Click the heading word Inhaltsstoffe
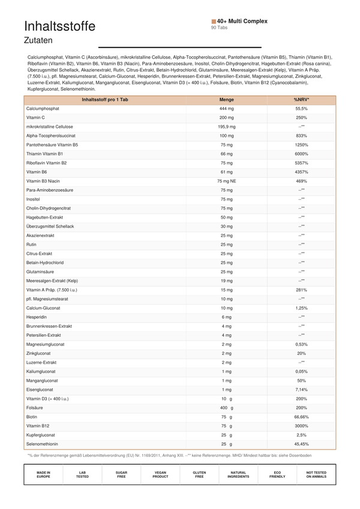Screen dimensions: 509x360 tap(59, 26)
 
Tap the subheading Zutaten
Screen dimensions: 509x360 tap(38, 41)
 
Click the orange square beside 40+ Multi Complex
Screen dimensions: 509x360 tap(214, 21)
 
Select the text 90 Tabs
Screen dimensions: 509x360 tap(219, 28)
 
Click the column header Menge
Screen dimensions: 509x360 tap(227, 100)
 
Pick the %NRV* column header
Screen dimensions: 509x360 tap(302, 100)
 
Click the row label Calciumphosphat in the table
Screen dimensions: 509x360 tap(42, 109)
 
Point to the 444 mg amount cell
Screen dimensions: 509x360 tap(227, 109)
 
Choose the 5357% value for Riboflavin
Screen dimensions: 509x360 tap(302, 163)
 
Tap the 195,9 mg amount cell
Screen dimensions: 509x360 tap(227, 127)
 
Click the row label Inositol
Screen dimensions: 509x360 tap(34, 199)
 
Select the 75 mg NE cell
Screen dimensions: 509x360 tap(227, 181)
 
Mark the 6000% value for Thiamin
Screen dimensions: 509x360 tap(302, 154)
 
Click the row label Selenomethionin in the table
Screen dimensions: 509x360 tap(42, 444)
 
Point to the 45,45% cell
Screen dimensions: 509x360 tap(302, 444)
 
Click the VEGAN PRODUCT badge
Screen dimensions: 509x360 tap(160, 475)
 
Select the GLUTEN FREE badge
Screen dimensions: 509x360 tap(199, 475)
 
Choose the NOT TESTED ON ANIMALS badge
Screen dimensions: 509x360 tap(316, 475)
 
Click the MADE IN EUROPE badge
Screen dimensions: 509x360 tap(43, 475)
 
